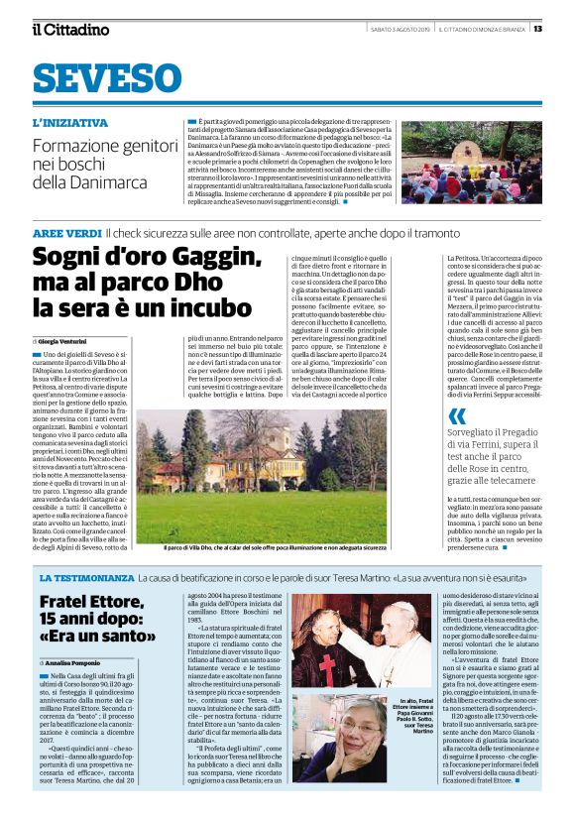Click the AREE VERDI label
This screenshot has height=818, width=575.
pyautogui.click(x=66, y=232)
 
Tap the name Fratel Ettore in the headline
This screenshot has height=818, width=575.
pyautogui.click(x=92, y=602)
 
